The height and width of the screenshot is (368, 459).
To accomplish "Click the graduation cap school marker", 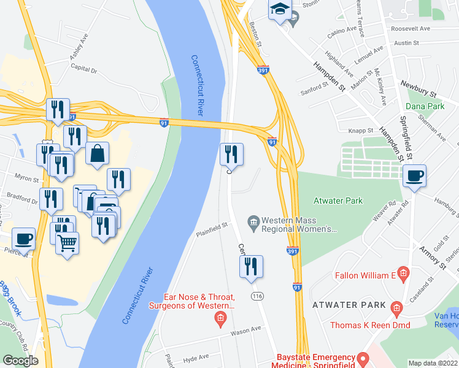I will pyautogui.click(x=279, y=10).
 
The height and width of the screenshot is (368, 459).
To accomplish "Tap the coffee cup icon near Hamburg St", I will pyautogui.click(x=414, y=176).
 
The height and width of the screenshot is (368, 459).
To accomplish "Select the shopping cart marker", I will pyautogui.click(x=67, y=242).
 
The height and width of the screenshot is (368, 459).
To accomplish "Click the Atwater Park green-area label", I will pyautogui.click(x=337, y=201).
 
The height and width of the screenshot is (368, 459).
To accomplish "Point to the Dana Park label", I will pyautogui.click(x=424, y=106).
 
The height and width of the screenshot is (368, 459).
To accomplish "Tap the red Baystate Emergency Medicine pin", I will pyautogui.click(x=363, y=358).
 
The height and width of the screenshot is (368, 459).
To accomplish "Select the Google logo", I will pyautogui.click(x=20, y=361).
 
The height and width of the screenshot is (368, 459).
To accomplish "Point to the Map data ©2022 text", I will pyautogui.click(x=433, y=363).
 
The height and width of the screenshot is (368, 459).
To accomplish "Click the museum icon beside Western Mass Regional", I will pyautogui.click(x=252, y=220).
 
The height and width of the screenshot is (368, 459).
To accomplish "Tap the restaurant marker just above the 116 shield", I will pyautogui.click(x=251, y=266).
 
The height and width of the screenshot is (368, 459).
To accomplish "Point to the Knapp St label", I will pyautogui.click(x=361, y=131).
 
